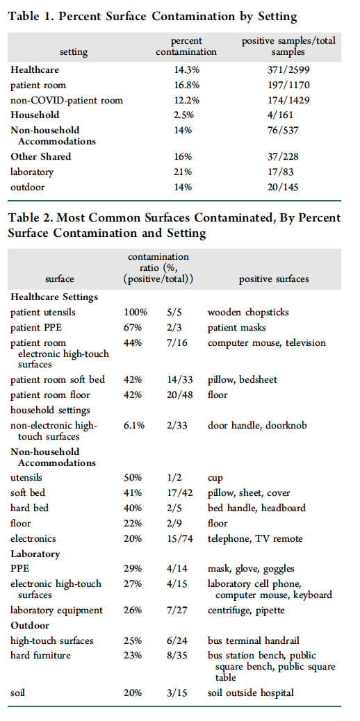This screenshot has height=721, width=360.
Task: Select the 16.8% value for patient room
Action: click(186, 85)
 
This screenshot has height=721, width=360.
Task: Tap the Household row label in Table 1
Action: click(35, 115)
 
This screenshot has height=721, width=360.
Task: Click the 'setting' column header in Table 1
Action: click(73, 51)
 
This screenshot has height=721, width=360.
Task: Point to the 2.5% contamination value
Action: click(183, 115)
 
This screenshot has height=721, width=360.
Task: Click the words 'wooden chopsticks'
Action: click(248, 312)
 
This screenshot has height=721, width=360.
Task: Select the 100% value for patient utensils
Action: click(136, 312)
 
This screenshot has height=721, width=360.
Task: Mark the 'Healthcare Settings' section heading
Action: click(54, 297)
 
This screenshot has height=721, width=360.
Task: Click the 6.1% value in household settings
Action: click(134, 425)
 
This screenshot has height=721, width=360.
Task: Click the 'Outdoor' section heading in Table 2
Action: click(30, 625)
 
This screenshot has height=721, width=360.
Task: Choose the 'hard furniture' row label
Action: click(40, 655)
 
